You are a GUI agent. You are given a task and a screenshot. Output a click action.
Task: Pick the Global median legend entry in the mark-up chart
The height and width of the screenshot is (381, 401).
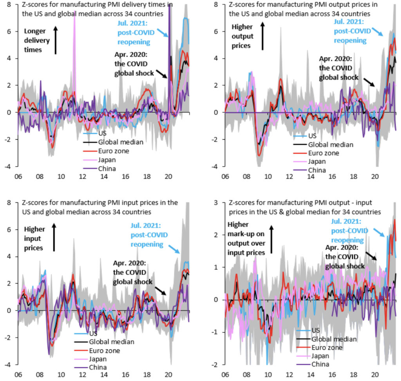[x=334, y=339]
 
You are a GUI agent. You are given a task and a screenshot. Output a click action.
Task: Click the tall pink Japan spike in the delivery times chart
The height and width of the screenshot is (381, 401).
[x=74, y=23]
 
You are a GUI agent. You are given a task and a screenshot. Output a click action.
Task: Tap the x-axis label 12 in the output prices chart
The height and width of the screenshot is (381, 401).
[x=289, y=177]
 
